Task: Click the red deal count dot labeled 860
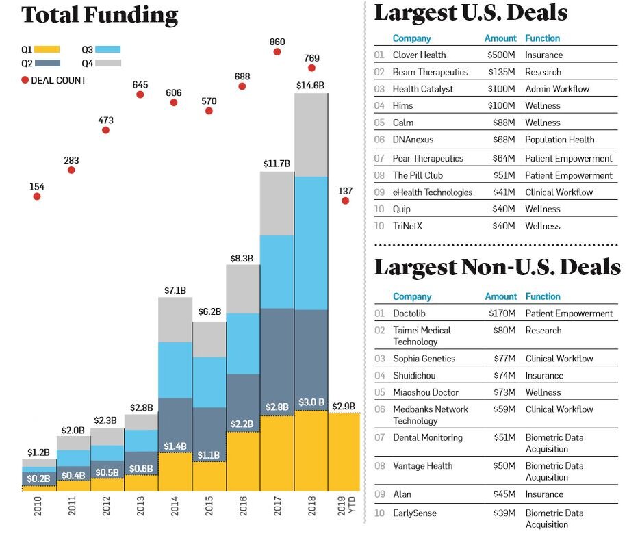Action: (277, 51)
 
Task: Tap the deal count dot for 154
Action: (37, 196)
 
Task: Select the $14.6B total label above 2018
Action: (311, 85)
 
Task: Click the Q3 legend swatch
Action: (108, 49)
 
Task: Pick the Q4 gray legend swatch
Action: (108, 63)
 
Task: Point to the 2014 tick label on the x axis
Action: (175, 513)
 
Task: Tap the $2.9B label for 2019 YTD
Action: (344, 406)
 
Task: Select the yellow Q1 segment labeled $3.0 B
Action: (311, 450)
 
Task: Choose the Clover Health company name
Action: (419, 55)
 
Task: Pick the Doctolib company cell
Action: (409, 313)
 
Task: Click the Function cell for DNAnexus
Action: (559, 140)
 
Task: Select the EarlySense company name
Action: (414, 513)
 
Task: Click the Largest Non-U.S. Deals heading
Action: (497, 267)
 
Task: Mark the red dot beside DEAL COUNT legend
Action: (25, 80)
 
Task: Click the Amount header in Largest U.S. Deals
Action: (500, 38)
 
